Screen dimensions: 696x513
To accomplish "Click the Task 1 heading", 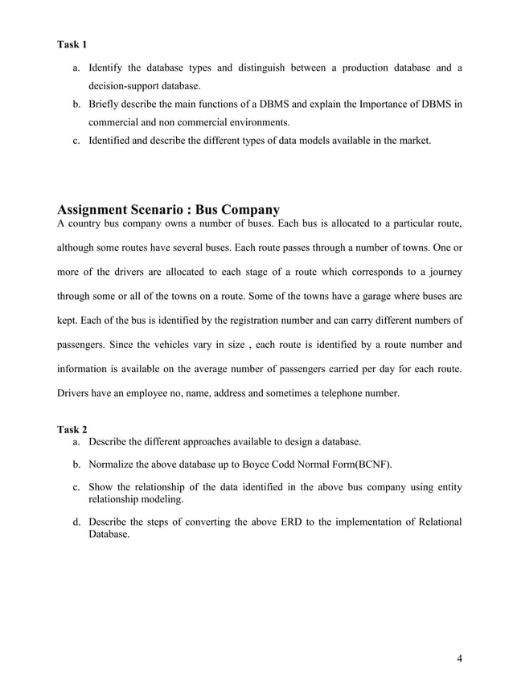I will (x=72, y=43).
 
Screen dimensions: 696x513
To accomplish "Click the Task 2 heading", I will (x=72, y=429).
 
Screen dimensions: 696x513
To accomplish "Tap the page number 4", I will (x=459, y=660).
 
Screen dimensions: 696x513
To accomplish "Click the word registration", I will (x=285, y=322).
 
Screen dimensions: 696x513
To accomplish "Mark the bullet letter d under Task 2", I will (x=76, y=522).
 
